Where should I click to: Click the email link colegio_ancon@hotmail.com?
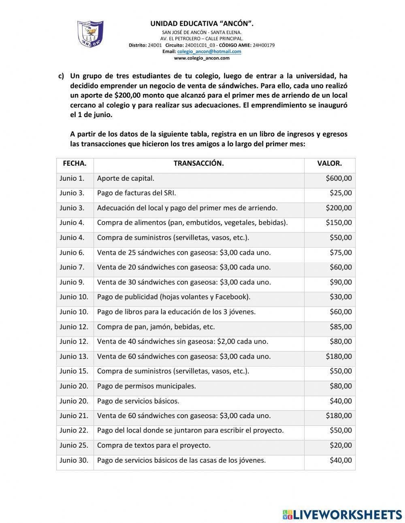point(209,51)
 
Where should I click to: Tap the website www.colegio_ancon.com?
point(202,58)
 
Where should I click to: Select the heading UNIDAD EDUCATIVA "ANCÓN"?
point(202,24)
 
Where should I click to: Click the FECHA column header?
point(75,164)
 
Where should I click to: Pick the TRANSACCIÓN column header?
point(198,164)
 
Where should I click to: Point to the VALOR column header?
point(329,164)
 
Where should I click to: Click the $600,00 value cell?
point(339,178)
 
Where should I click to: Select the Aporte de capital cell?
point(126,178)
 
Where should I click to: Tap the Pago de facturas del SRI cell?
point(136,193)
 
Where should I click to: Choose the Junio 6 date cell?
point(72,253)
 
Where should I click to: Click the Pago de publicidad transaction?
point(173,297)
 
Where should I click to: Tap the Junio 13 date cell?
point(74,356)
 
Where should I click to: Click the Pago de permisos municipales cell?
point(146,386)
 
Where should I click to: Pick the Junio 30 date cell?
point(74,460)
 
